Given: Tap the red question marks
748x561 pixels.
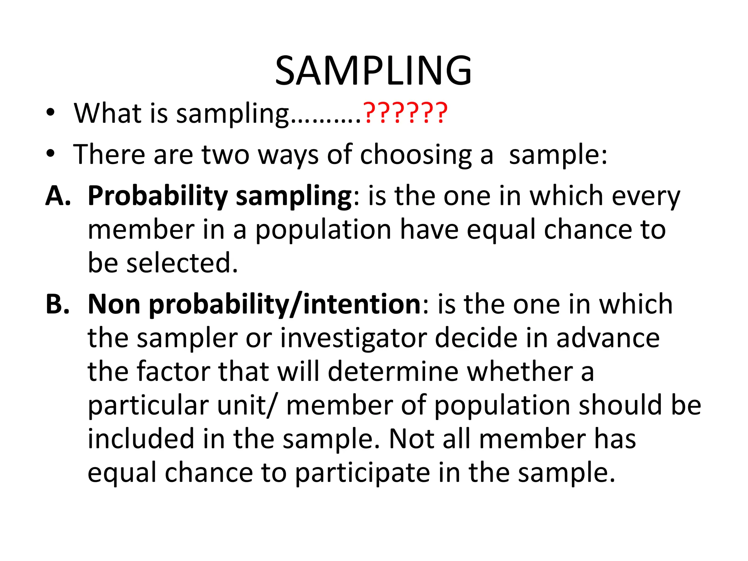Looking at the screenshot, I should pos(405,113).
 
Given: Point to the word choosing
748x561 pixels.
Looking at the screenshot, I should pos(416,155).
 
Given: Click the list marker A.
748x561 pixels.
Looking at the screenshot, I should pos(58,196).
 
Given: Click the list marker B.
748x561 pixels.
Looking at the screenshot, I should pos(57,304).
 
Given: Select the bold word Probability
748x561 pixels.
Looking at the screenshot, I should pos(158,196).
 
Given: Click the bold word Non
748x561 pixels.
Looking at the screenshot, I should pos(114,304).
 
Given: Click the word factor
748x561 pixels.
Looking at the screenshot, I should pos(173,372).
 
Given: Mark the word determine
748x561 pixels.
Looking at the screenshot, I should pos(393,372).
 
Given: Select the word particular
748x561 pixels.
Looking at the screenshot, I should pos(148,405).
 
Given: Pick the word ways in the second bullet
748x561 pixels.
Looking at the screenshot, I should pos(288,155).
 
